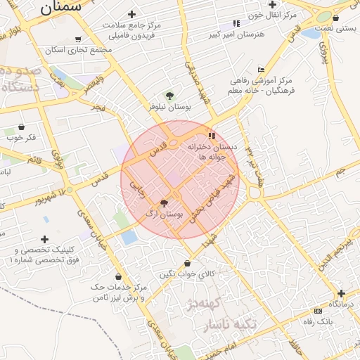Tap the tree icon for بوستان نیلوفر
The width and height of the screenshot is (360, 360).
[x=169, y=96]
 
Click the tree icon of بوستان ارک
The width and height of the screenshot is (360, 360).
[x=165, y=202]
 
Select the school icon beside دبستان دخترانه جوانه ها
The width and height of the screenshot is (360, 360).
[x=212, y=135]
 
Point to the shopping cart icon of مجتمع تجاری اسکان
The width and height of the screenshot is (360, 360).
[x=77, y=39]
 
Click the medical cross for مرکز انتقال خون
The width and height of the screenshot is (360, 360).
[x=272, y=5]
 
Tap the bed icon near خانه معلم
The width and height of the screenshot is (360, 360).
[x=262, y=70]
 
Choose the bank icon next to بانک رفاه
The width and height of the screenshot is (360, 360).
[x=319, y=310]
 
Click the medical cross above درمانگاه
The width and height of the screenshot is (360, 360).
[x=341, y=293]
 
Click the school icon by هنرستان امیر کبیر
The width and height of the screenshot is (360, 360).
[x=236, y=23]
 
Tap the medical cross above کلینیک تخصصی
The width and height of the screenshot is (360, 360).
[x=46, y=239]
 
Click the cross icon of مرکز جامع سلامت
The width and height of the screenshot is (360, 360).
[x=131, y=14]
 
